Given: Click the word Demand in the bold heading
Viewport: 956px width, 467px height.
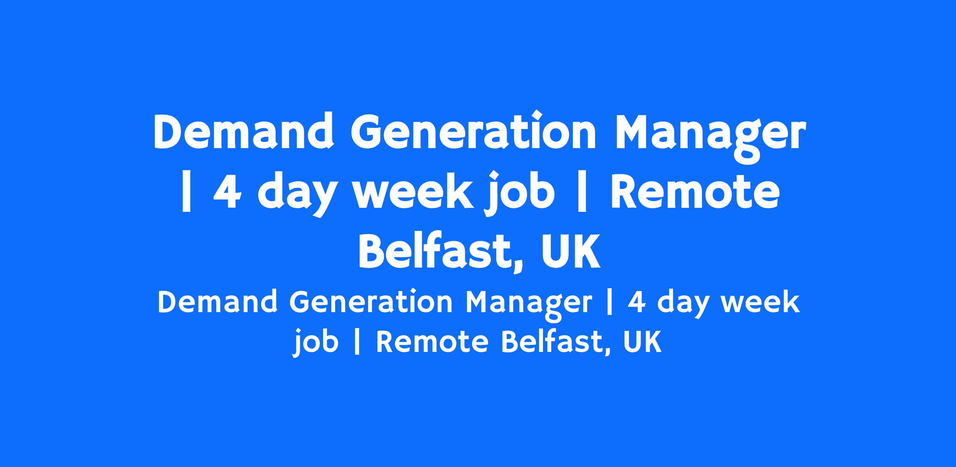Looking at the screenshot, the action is point(243,132).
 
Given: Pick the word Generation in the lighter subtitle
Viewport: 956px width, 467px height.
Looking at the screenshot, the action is point(371,301).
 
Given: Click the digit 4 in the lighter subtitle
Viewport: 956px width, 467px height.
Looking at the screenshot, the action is point(637,302).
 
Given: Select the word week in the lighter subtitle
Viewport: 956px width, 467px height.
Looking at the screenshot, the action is point(758,302).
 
